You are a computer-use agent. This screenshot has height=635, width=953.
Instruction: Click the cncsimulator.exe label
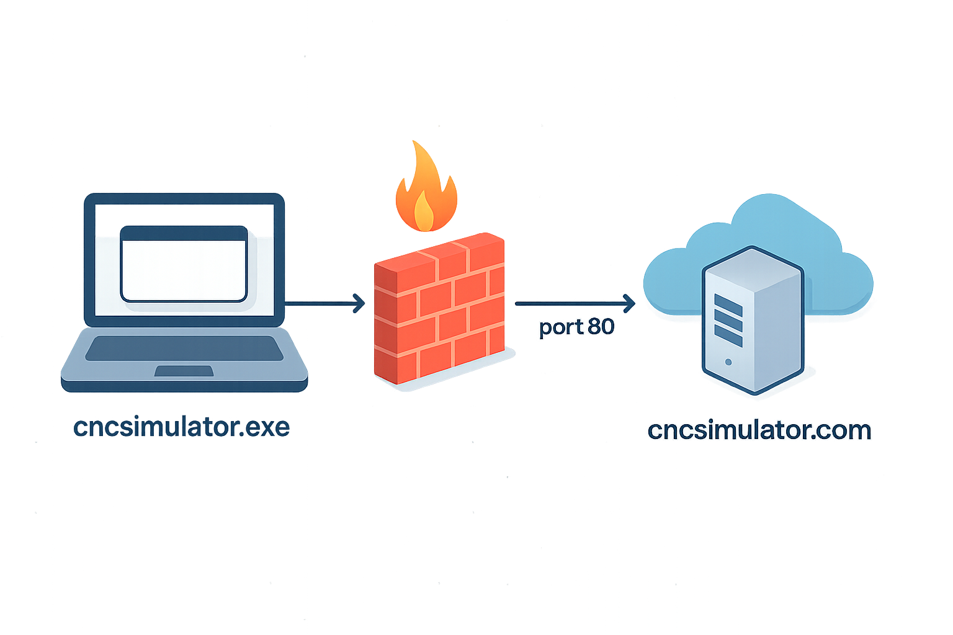click(x=181, y=427)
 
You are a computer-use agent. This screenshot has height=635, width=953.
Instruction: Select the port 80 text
click(x=576, y=327)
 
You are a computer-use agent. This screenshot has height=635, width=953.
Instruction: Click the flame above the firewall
click(x=426, y=189)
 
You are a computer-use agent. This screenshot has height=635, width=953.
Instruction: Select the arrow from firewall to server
click(x=574, y=303)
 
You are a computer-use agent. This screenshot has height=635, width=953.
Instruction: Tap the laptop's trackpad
click(x=184, y=371)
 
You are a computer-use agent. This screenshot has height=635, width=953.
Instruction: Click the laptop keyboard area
click(x=184, y=348)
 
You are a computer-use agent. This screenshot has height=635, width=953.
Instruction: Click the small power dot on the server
click(x=728, y=362)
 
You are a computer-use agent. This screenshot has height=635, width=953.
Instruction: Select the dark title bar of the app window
click(x=184, y=233)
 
